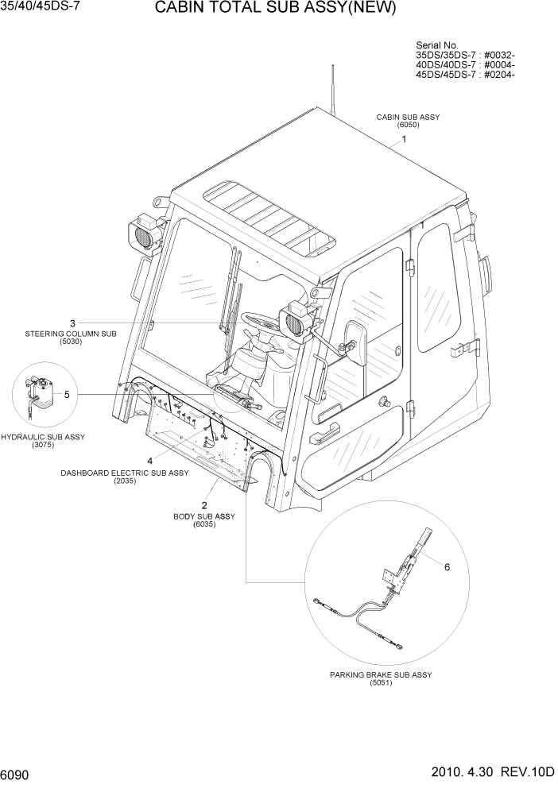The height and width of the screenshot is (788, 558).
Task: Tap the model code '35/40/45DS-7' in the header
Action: click(x=36, y=7)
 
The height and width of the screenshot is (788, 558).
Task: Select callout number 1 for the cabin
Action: click(x=404, y=138)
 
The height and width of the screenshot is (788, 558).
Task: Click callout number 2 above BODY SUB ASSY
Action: click(x=204, y=505)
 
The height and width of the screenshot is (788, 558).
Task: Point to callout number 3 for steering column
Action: click(x=72, y=323)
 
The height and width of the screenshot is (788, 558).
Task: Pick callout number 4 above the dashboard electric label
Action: click(x=149, y=461)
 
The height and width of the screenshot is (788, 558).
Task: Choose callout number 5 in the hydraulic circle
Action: click(x=67, y=394)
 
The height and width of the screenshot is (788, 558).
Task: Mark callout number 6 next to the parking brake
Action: click(x=446, y=567)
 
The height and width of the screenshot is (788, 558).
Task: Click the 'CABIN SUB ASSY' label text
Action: click(x=408, y=117)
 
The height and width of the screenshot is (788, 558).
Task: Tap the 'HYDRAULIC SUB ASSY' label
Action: click(x=43, y=437)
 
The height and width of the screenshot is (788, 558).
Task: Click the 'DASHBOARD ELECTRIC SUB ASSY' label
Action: click(x=125, y=473)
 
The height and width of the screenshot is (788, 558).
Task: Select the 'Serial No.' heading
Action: click(x=438, y=45)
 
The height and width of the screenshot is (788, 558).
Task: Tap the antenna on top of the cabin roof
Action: click(x=331, y=87)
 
